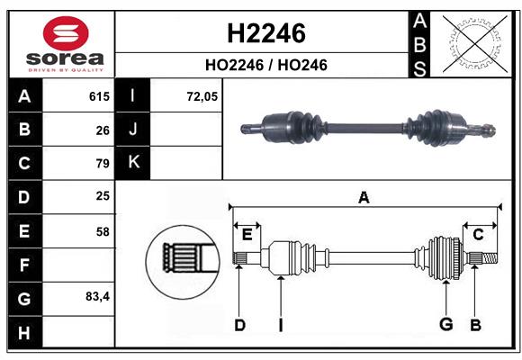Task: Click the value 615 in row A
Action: [x=99, y=96]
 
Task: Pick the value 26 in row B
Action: [x=103, y=130]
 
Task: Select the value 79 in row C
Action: [x=103, y=164]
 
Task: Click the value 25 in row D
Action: [x=103, y=196]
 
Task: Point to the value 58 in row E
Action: [x=103, y=231]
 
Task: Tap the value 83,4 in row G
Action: [x=97, y=296]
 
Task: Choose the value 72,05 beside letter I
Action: [x=202, y=96]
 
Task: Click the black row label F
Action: [x=24, y=265]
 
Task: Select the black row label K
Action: [x=134, y=163]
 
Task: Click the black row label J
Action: [x=134, y=130]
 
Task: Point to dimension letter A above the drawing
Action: [x=364, y=197]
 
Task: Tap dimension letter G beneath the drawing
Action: [x=445, y=324]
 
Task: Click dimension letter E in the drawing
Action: [x=247, y=234]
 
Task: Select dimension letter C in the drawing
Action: [x=479, y=234]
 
